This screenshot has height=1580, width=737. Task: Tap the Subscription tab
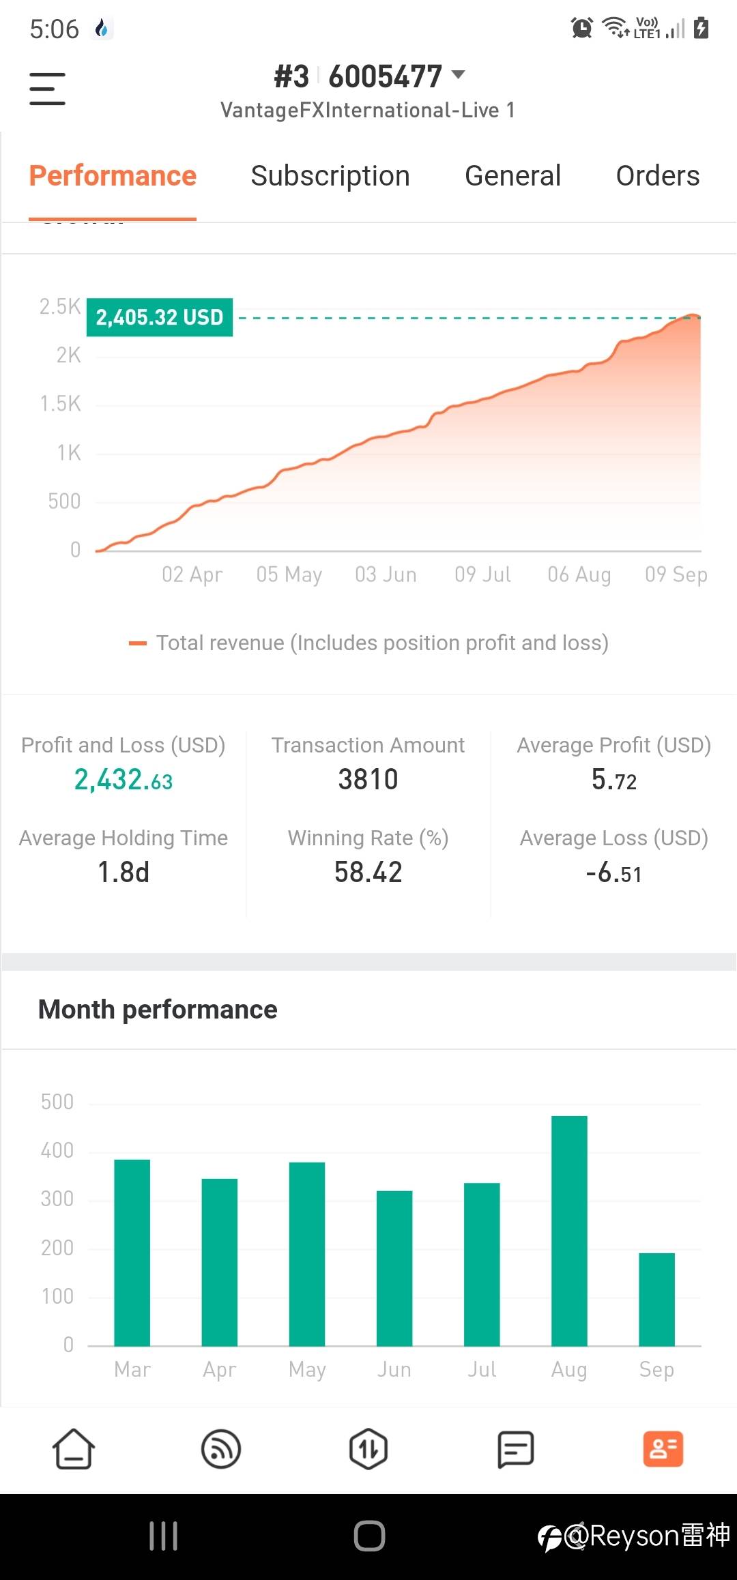pyautogui.click(x=330, y=176)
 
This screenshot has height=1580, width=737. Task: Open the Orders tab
pyautogui.click(x=657, y=176)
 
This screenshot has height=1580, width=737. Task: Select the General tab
pyautogui.click(x=512, y=176)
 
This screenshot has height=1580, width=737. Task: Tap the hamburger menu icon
pyautogui.click(x=47, y=89)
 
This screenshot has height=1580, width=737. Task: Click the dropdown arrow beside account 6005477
pyautogui.click(x=459, y=74)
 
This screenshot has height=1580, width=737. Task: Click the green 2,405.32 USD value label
pyautogui.click(x=160, y=317)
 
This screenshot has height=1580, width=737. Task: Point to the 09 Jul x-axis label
pyautogui.click(x=482, y=574)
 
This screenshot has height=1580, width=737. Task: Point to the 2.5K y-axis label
pyautogui.click(x=60, y=307)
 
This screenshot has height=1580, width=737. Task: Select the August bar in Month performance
pyautogui.click(x=569, y=1231)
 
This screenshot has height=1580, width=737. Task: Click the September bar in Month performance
pyautogui.click(x=656, y=1299)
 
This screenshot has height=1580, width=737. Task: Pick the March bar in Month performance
pyautogui.click(x=132, y=1253)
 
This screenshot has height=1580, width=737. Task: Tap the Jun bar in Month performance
pyautogui.click(x=394, y=1268)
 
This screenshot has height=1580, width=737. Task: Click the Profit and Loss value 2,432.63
pyautogui.click(x=124, y=780)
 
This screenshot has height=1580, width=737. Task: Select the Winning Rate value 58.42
pyautogui.click(x=368, y=873)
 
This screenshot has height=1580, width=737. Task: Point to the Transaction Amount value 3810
pyautogui.click(x=368, y=780)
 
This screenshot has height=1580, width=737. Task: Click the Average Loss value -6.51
pyautogui.click(x=613, y=873)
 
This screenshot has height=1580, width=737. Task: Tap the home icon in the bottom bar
pyautogui.click(x=74, y=1448)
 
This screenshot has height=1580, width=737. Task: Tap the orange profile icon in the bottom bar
pyautogui.click(x=663, y=1448)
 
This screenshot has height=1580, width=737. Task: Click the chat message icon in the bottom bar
pyautogui.click(x=515, y=1448)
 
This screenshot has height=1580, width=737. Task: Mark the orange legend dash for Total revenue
pyautogui.click(x=138, y=643)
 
